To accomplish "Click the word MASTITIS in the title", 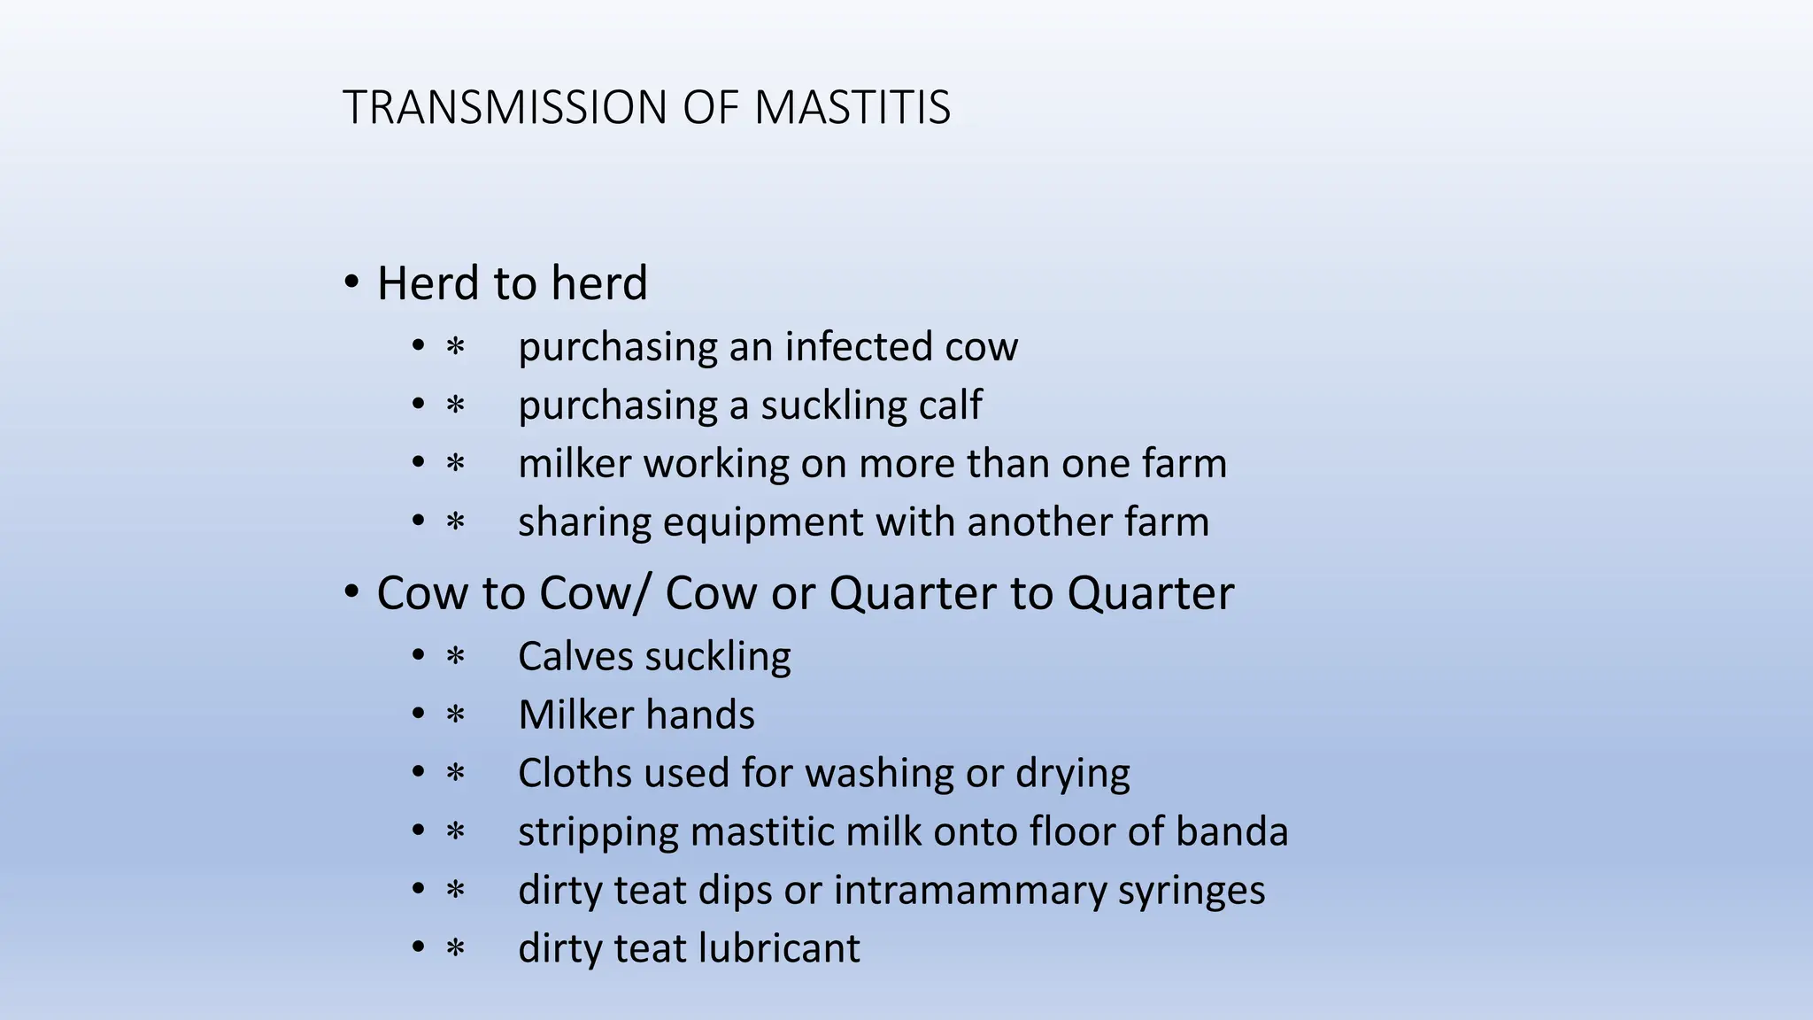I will [x=852, y=108].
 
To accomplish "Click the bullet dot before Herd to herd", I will [x=351, y=283].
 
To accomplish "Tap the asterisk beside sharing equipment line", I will [x=455, y=522].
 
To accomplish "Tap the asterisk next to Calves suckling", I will [x=455, y=656].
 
